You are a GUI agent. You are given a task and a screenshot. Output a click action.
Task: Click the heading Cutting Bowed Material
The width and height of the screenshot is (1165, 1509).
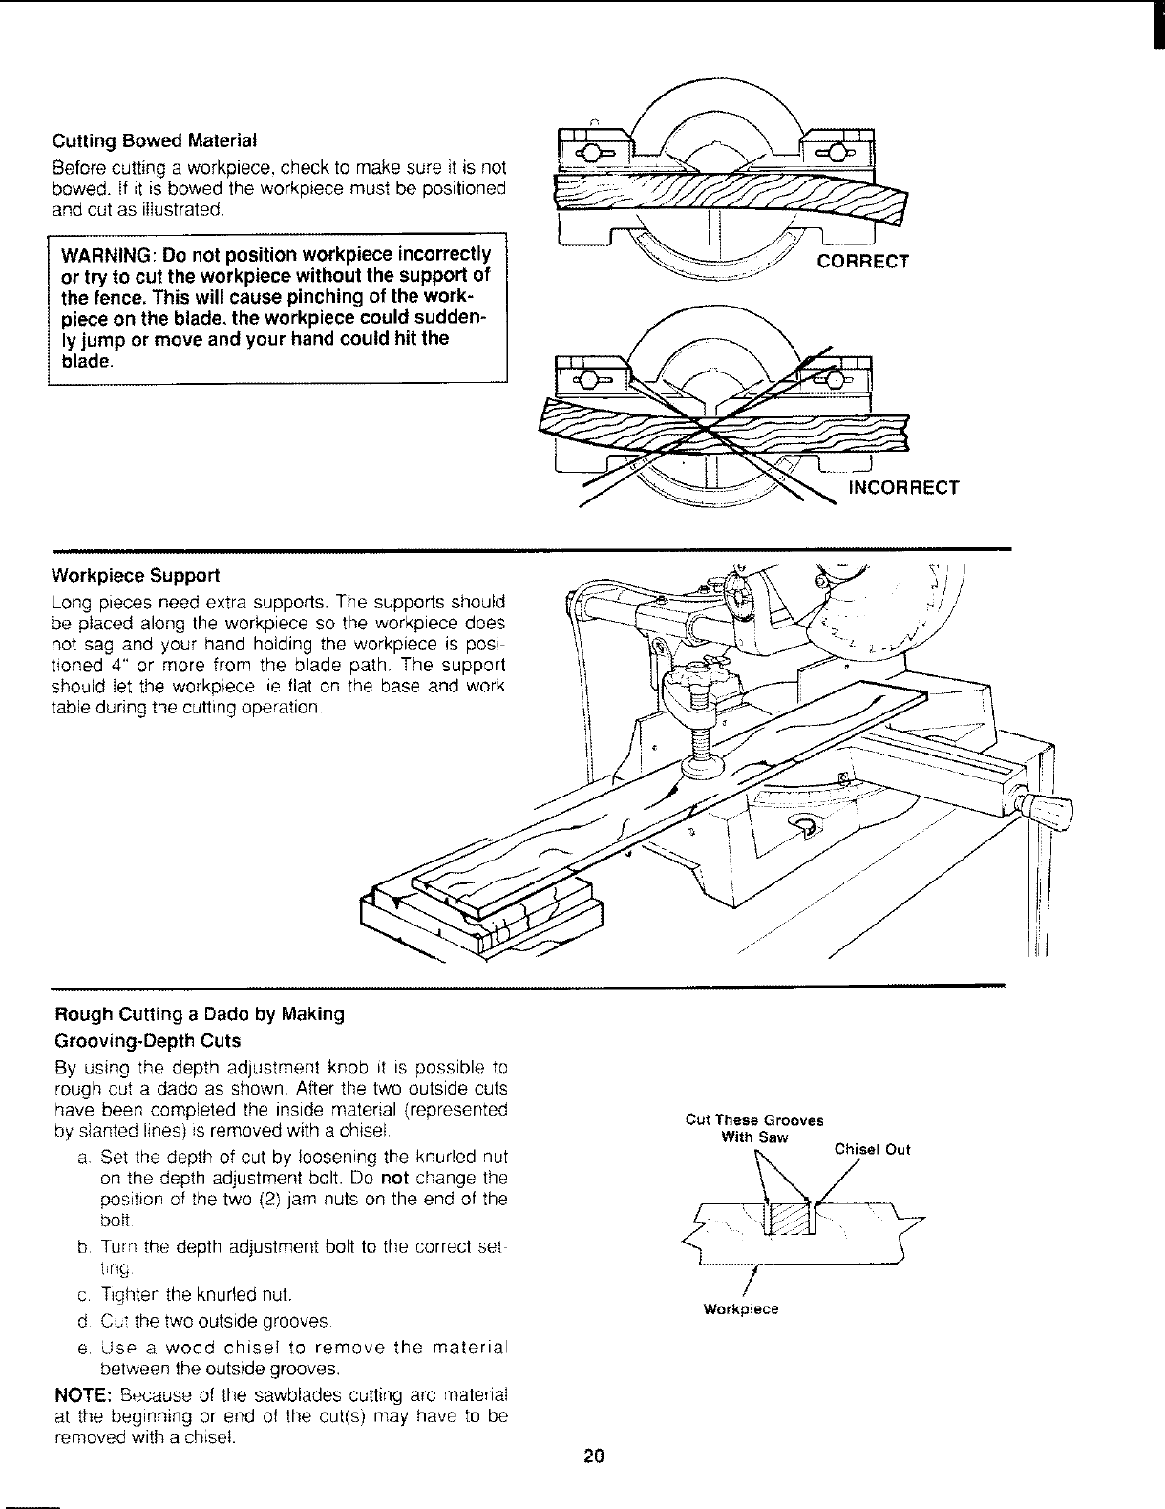tap(154, 140)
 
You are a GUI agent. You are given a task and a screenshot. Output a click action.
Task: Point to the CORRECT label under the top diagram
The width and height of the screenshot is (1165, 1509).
tap(860, 262)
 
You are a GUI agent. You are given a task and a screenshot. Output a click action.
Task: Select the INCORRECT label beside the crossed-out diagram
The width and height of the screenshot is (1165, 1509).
tap(903, 488)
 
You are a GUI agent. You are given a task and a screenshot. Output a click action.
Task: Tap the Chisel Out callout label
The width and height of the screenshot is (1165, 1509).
tap(872, 1149)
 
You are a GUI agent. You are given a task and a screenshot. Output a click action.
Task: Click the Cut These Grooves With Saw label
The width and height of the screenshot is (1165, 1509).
tap(754, 1128)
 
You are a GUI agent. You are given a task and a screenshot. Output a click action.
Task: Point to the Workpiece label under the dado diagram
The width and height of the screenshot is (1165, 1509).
tap(740, 1309)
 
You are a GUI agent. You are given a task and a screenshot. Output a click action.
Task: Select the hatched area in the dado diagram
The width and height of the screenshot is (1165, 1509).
tap(787, 1223)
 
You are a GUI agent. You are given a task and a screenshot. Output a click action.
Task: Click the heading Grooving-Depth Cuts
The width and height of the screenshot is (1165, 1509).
tap(145, 1040)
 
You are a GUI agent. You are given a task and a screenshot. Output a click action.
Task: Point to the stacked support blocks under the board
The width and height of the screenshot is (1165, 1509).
tap(482, 917)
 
